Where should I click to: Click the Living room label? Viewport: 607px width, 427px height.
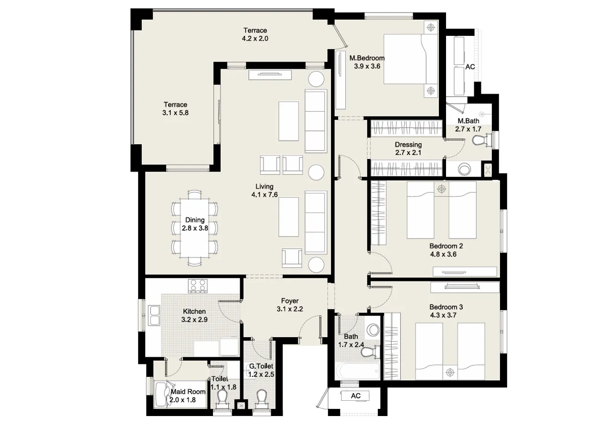click(x=264, y=186)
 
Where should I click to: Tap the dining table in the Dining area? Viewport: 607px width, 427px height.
click(x=195, y=228)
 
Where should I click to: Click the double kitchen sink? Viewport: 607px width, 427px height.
click(x=154, y=315)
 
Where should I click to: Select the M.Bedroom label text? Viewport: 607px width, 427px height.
click(x=367, y=58)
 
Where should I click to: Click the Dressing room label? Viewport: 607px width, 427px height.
click(x=408, y=145)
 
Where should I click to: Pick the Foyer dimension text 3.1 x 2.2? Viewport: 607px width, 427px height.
click(x=290, y=309)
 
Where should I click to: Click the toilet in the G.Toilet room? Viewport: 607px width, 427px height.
click(x=261, y=398)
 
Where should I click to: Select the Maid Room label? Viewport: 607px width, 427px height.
click(x=188, y=391)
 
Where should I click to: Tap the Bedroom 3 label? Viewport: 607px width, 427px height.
click(x=446, y=307)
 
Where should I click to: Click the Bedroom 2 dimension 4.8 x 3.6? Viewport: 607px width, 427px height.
click(x=443, y=254)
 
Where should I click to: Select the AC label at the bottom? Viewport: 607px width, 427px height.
click(x=355, y=396)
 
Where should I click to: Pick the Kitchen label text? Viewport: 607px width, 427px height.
click(x=194, y=311)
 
